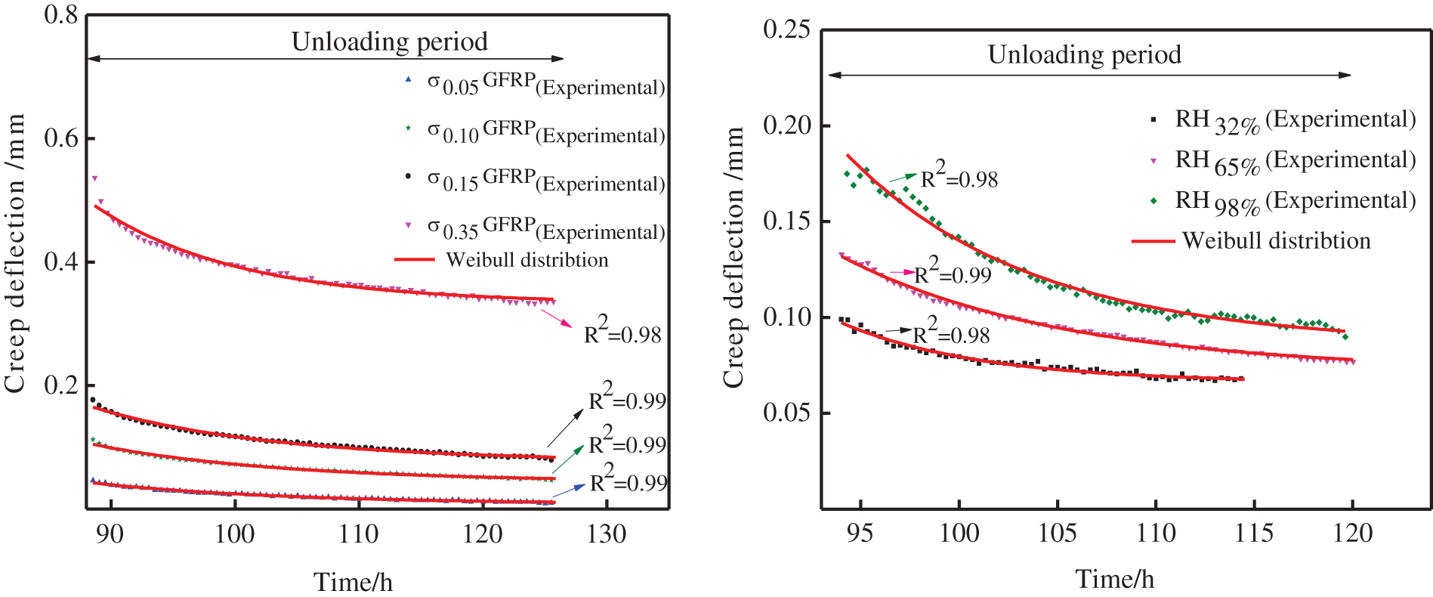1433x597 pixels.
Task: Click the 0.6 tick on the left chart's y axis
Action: pos(62,138)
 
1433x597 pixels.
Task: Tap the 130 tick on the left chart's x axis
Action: pos(606,534)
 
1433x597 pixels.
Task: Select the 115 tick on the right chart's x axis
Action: pos(1253,533)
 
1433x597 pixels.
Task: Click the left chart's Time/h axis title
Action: pos(353,582)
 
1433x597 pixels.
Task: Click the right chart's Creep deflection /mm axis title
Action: pos(733,257)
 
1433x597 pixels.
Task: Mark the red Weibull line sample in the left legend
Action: pos(414,260)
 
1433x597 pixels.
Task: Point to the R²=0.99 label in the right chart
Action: pos(953,273)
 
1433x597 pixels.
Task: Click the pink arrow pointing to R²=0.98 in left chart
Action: pos(557,318)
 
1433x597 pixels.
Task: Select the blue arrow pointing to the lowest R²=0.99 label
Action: pos(569,490)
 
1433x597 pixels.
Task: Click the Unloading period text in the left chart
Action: pos(389,42)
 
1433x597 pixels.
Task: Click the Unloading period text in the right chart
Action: pos(1084,54)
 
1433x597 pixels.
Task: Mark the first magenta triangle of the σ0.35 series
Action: pos(94,178)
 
